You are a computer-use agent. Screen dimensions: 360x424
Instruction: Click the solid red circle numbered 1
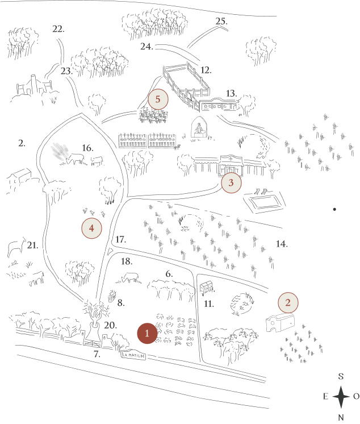(x=147, y=333)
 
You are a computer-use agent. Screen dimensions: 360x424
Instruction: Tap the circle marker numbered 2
(x=288, y=302)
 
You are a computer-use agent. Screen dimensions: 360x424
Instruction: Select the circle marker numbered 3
(x=231, y=183)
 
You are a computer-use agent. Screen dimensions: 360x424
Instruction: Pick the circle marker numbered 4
(x=91, y=228)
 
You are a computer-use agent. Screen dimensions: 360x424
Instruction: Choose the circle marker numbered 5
(x=158, y=99)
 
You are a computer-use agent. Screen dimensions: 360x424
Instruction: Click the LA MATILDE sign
(x=133, y=355)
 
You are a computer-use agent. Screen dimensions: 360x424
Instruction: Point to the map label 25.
(x=221, y=21)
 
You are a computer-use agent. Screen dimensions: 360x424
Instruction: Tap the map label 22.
(x=58, y=28)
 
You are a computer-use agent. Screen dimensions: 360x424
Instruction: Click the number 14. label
(x=282, y=244)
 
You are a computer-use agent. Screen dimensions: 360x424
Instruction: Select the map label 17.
(x=121, y=239)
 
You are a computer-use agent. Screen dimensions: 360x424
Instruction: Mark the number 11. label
(x=209, y=304)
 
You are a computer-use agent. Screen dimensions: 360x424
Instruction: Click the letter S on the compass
(x=341, y=376)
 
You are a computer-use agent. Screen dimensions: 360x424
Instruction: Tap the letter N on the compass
(x=341, y=418)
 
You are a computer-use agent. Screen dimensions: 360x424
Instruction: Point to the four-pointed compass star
(x=341, y=397)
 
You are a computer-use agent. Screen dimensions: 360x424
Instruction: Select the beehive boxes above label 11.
(x=206, y=288)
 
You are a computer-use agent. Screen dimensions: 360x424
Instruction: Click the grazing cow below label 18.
(x=130, y=278)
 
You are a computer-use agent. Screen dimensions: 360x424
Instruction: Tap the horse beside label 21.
(x=16, y=247)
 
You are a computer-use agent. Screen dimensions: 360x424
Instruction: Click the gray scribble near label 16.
(x=60, y=151)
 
